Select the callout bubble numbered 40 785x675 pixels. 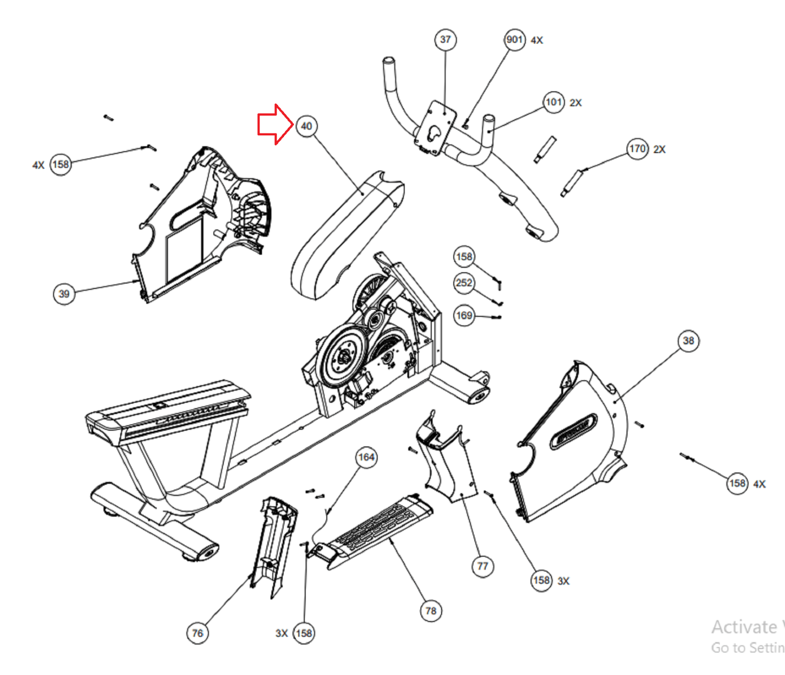click(307, 127)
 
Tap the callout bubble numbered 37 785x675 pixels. click(445, 40)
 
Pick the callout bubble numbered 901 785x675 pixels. click(515, 40)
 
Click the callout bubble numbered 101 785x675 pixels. click(554, 102)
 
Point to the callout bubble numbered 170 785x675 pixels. click(637, 149)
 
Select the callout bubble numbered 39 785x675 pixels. click(64, 294)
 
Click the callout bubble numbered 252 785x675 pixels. click(464, 283)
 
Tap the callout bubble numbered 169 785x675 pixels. click(464, 315)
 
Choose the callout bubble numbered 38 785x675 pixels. click(688, 341)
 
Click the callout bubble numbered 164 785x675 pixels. click(366, 458)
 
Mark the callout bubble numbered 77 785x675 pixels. click(483, 567)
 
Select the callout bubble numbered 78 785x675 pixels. click(431, 611)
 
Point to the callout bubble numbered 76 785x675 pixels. click(197, 633)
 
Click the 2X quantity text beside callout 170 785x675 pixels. click(659, 150)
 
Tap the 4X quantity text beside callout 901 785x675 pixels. click(537, 41)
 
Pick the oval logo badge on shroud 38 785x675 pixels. click(573, 431)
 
